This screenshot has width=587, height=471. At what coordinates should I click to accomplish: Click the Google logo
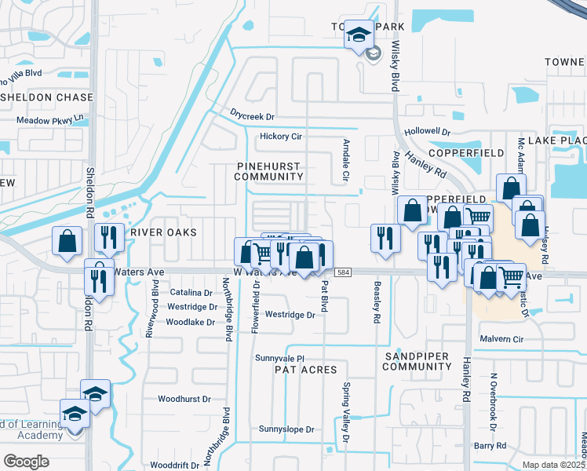pos(26,462)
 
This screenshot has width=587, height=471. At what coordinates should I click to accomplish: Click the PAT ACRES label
pos(305,369)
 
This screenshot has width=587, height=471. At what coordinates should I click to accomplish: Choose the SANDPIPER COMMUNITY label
pos(416,361)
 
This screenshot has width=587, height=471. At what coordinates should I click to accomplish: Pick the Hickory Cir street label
pos(280,136)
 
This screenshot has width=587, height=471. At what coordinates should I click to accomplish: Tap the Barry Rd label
pos(489,445)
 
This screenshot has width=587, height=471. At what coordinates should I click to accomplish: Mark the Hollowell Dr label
pos(428,133)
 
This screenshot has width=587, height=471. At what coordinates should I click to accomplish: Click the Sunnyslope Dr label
pos(286,429)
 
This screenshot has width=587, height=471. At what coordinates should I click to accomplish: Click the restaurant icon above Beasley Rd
pos(385,236)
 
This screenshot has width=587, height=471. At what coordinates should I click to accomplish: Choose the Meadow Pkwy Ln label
pos(50,120)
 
